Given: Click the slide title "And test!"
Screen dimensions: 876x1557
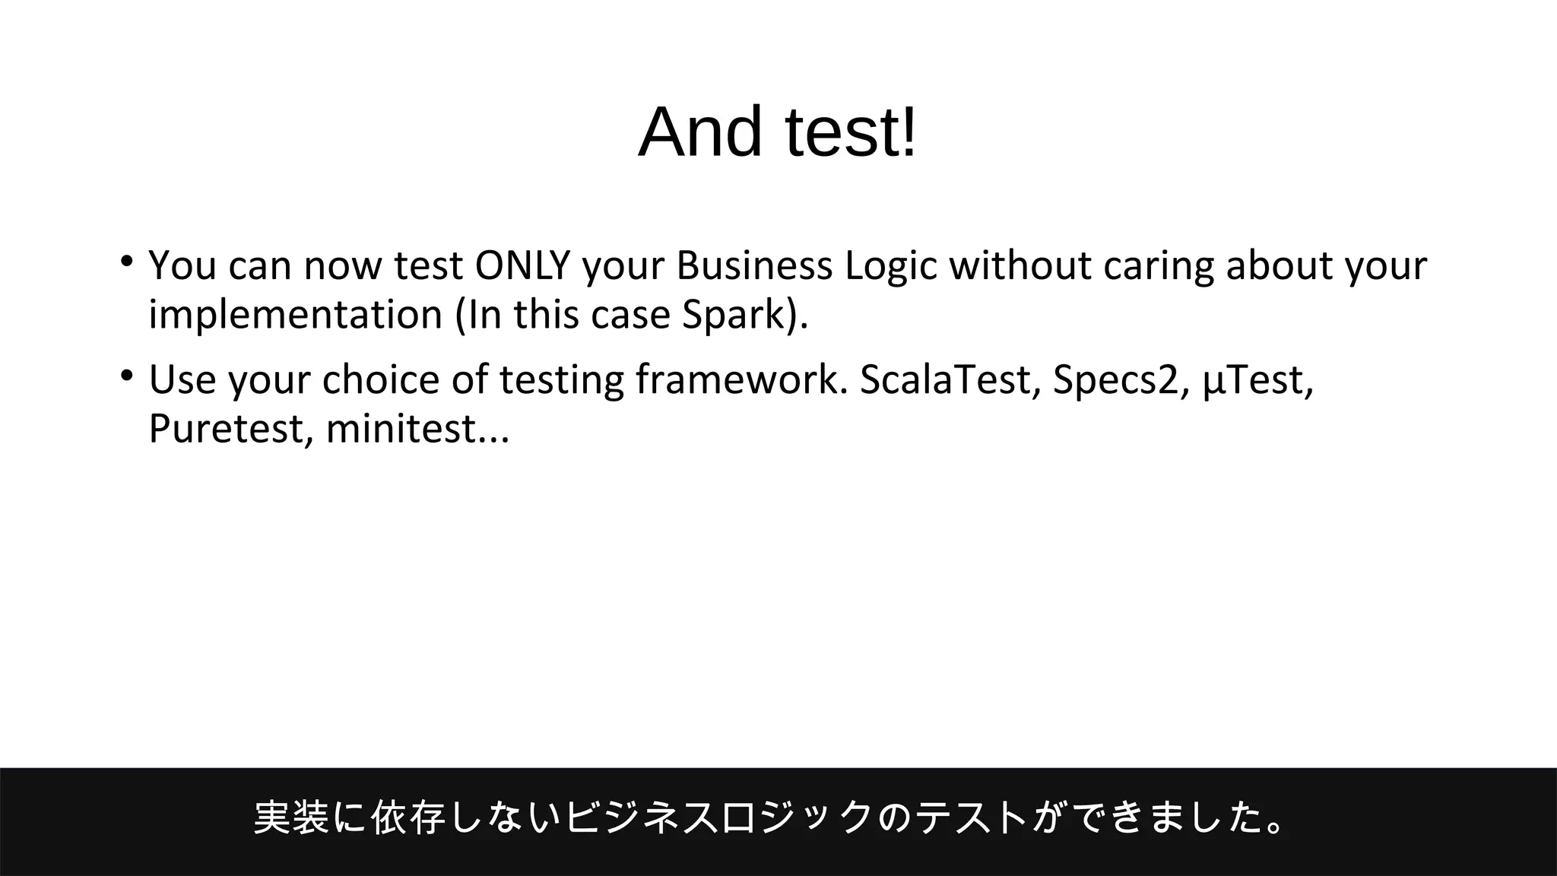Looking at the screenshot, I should pos(778,132).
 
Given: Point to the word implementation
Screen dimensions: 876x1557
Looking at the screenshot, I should pos(295,316).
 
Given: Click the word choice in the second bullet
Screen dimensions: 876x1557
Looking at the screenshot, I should pos(380,379).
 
